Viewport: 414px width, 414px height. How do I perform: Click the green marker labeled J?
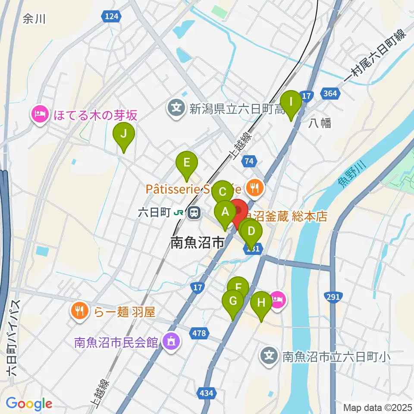(123, 133)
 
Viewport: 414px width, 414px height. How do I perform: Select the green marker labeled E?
(186, 163)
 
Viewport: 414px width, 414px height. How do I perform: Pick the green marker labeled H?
(261, 302)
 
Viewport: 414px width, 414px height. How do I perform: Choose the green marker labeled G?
(233, 301)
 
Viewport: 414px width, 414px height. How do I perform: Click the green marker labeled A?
(225, 212)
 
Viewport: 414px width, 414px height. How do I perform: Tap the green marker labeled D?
(252, 231)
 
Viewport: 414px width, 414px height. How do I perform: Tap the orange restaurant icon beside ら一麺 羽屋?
(80, 311)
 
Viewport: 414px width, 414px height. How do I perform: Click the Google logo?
(29, 404)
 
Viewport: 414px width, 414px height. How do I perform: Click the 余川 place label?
(34, 19)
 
